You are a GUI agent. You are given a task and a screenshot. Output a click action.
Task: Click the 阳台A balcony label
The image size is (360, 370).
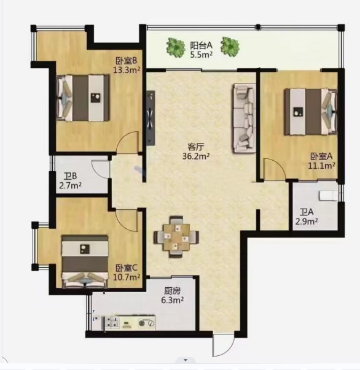coord(202,45)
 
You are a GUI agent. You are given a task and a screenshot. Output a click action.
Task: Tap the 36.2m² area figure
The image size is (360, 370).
coord(196,156)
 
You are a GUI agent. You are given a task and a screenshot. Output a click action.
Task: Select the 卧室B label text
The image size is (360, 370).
coord(127,61)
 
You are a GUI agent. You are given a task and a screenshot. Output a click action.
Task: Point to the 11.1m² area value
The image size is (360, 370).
coord(321,166)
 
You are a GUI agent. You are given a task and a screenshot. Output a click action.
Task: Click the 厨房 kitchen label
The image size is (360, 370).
coord(173,291)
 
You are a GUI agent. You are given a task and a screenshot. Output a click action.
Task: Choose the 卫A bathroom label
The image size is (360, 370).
coord(307,212)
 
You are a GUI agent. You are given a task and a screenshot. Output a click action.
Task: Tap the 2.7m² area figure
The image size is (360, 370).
coord(71,185)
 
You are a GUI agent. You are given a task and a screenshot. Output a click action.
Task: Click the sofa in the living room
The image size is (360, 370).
coord(245,118)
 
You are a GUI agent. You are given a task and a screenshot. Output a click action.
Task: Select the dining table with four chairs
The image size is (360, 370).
coord(176,237)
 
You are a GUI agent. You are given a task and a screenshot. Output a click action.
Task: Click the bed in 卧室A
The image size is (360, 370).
coord(311,112)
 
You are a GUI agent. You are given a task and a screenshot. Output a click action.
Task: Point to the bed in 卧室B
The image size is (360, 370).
coord(83,98)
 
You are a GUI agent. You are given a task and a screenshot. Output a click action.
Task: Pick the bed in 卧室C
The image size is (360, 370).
coord(85,261)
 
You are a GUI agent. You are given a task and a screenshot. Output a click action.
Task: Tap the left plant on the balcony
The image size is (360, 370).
coord(176,47)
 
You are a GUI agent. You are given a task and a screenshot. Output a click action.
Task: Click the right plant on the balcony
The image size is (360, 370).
coord(230,47)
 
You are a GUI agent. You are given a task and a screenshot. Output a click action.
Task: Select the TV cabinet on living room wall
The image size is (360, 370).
coord(151,118)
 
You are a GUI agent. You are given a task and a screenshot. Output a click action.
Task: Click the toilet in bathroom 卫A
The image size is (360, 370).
coord(328,196)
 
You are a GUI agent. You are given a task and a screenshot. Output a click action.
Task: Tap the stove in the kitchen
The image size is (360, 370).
coord(147,323)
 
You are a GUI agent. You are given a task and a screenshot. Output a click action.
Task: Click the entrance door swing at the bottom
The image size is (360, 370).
coord(223,344)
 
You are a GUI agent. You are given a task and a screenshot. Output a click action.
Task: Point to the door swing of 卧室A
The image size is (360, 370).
coord(274,169)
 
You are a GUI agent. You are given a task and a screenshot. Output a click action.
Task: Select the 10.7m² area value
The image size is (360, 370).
coord(127,277)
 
